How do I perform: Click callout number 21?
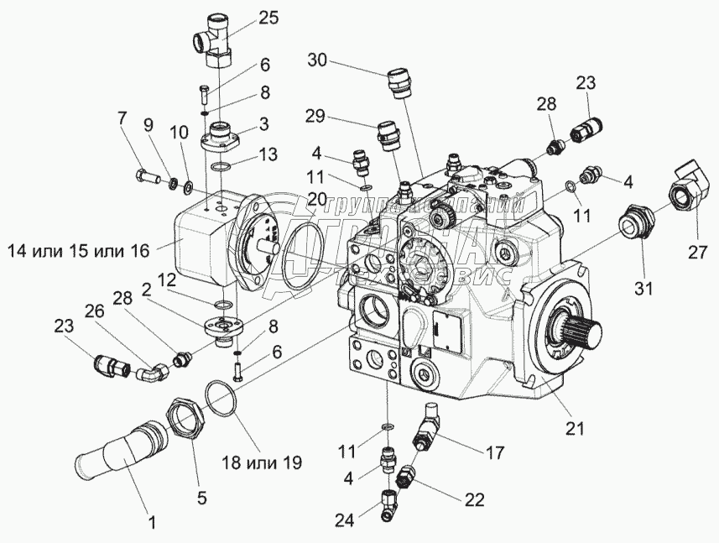[574, 430]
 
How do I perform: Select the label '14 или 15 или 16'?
[80, 249]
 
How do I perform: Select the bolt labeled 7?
[148, 177]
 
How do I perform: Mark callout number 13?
[267, 154]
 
